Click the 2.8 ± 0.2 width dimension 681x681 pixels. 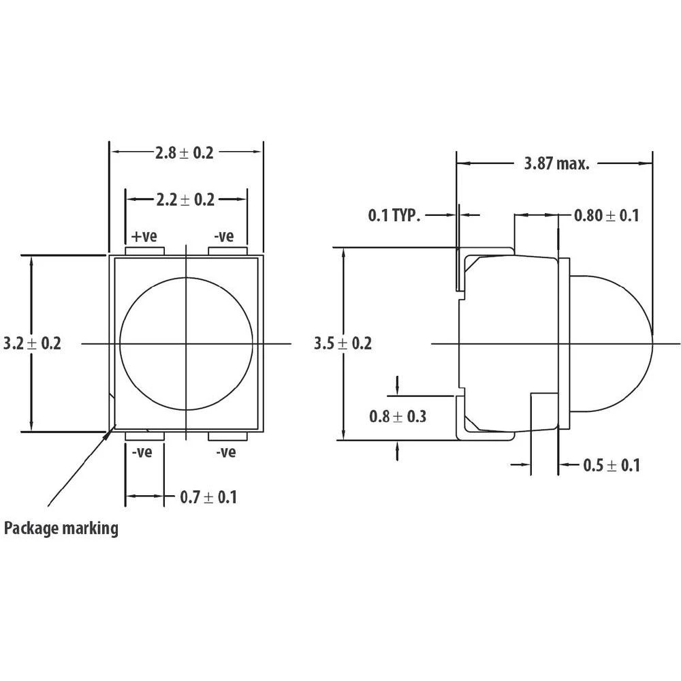point(184,153)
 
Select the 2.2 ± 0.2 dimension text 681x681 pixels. point(185,200)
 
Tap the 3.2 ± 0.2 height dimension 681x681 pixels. point(32,343)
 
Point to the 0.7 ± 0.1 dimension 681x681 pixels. point(208,497)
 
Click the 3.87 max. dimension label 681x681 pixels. point(556,163)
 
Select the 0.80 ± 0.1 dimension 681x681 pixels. point(606,216)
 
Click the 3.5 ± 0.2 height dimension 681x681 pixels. point(343,343)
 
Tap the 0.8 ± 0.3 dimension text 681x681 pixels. point(397,415)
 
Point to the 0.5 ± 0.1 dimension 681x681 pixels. point(612,465)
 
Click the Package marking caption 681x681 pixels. point(61,528)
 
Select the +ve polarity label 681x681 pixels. point(144,236)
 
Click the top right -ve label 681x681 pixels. point(224,236)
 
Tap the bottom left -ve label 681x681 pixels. point(142,452)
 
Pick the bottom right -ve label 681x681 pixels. point(226,452)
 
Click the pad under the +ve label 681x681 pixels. point(146,251)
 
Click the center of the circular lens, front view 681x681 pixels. point(186,344)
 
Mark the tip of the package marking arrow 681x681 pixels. point(110,429)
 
